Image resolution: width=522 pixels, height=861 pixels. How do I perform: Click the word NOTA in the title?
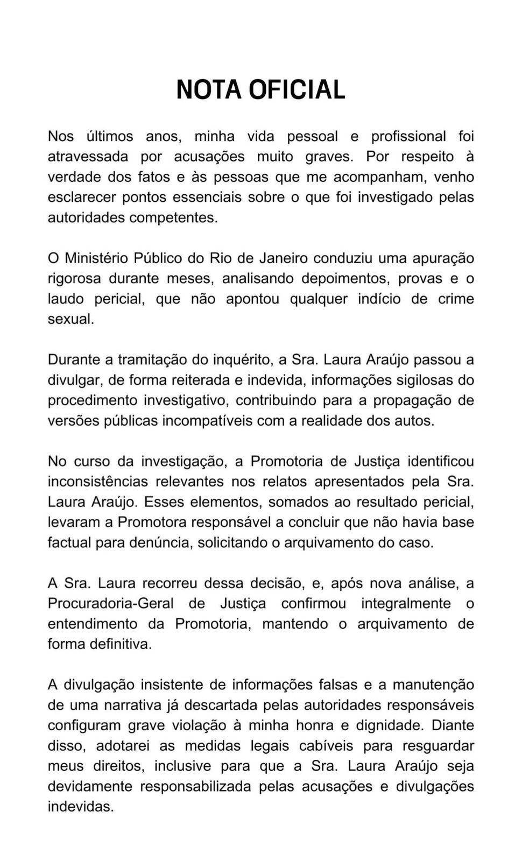[209, 89]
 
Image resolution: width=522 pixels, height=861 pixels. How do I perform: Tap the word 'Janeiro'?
[283, 258]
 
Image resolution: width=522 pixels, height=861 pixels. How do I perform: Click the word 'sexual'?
[70, 319]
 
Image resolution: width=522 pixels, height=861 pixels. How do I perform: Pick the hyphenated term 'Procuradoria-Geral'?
[110, 603]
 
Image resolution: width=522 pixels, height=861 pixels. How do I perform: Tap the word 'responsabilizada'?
[196, 786]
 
